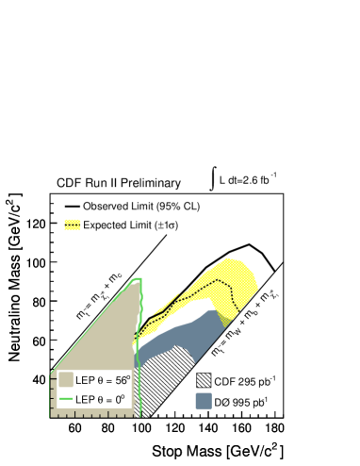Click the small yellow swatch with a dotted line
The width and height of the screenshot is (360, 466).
(73, 225)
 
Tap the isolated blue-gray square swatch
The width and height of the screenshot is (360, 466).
(204, 401)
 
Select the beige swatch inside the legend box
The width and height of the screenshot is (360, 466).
(66, 379)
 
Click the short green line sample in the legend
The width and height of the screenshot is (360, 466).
(66, 399)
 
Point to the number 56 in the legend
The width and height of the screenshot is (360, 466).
(120, 380)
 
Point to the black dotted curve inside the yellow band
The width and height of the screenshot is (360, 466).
(203, 291)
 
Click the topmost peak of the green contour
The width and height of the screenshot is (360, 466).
(137, 278)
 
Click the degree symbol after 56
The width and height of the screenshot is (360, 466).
(128, 376)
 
